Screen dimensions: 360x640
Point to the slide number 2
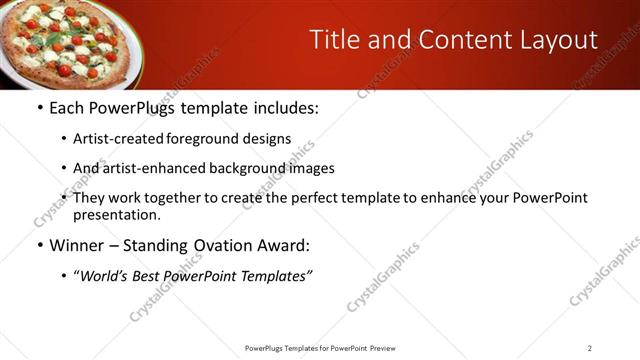point(590,347)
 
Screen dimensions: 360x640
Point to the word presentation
point(115,214)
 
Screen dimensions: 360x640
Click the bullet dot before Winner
point(39,245)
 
